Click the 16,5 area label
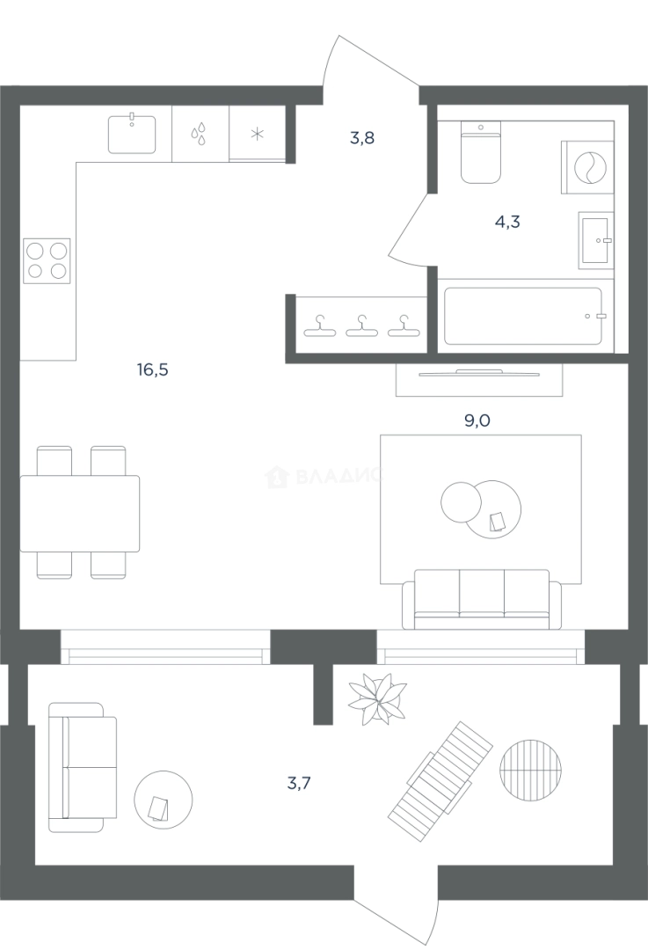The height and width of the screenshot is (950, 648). point(153,369)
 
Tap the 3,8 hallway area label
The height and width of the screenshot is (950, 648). point(362,138)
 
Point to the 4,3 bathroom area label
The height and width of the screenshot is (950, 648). point(507,222)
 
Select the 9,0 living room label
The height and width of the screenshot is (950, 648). point(477,420)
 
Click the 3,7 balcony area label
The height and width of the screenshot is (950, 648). point(299,784)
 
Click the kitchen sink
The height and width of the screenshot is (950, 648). point(132,134)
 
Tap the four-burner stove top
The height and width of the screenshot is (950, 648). point(47,261)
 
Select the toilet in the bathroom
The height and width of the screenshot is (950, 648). point(481,151)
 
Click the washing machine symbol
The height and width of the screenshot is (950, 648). point(587,167)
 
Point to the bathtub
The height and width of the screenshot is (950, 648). point(523,316)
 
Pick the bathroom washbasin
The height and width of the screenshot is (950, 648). point(596,240)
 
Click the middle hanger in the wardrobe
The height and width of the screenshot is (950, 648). point(361,326)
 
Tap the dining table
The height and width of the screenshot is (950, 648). point(80,513)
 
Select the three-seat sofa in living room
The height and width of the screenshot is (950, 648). point(482,599)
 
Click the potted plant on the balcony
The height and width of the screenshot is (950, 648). point(376,699)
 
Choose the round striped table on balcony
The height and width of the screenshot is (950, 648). point(530,770)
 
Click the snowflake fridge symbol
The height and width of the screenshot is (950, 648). point(258,134)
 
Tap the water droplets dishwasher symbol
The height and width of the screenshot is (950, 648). point(199,134)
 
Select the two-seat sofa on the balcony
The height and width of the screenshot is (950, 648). point(83,768)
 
